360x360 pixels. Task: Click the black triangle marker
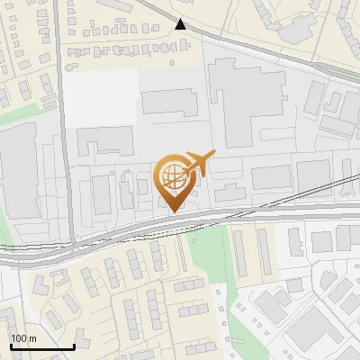[x=181, y=24]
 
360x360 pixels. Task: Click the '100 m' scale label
[x=23, y=338]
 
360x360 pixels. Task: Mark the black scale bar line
[x=42, y=346]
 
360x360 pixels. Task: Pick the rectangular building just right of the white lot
[x=169, y=102]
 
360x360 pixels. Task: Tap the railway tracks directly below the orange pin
[x=175, y=225]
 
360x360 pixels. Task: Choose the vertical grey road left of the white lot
[x=60, y=117]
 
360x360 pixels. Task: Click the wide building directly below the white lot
[x=104, y=141]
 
